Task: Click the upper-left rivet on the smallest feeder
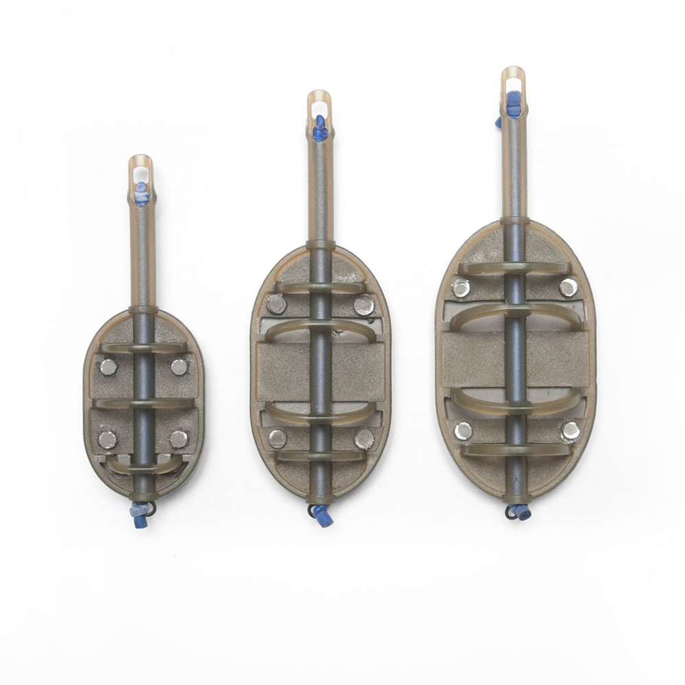(x=108, y=366)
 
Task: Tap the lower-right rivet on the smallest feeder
(x=179, y=438)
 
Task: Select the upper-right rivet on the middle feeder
(x=364, y=304)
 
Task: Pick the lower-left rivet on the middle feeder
(x=277, y=438)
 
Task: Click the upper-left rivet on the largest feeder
(x=461, y=288)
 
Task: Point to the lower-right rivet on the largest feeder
(x=570, y=431)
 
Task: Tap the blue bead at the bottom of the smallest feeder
(x=139, y=510)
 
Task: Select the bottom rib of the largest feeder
(x=514, y=450)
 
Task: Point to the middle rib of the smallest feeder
(x=142, y=403)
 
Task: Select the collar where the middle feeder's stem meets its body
(x=321, y=245)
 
